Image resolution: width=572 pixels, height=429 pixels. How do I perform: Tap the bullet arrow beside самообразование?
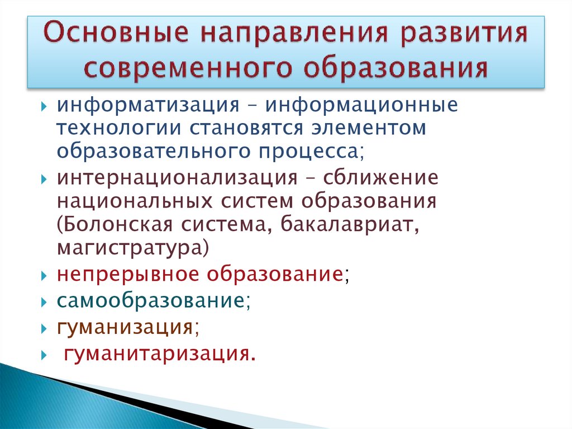[45, 301]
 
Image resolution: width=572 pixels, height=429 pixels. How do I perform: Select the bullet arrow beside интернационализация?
[45, 180]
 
